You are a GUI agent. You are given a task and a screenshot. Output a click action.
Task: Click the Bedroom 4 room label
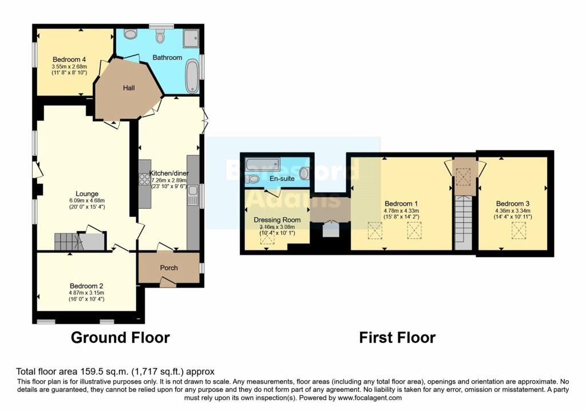68,59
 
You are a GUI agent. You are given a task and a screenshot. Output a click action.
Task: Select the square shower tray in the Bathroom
191,38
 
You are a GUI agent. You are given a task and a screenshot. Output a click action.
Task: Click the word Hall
129,88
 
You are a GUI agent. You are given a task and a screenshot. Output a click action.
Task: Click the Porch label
169,268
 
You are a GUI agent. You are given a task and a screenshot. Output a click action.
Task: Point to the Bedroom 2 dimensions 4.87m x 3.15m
86,292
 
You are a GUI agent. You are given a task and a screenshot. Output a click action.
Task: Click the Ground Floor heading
120,337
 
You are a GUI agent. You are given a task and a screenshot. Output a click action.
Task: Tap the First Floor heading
397,337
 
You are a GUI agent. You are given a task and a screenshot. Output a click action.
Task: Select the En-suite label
281,179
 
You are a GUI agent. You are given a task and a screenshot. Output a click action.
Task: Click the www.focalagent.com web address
370,398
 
